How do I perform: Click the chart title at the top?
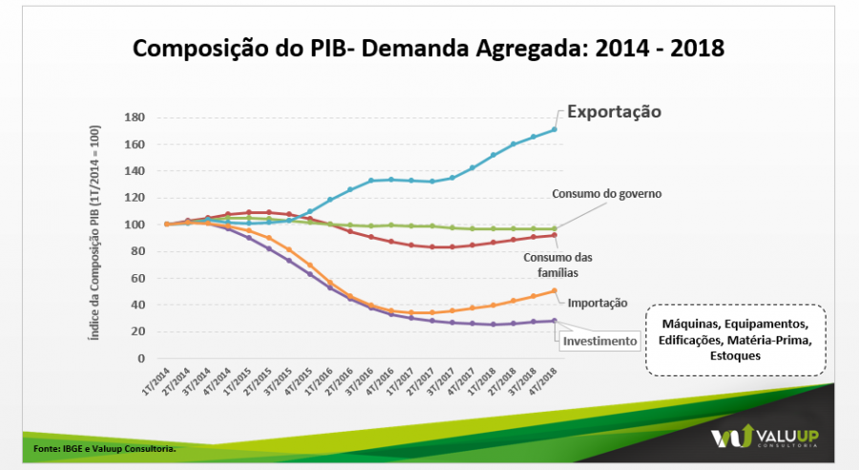pyautogui.click(x=429, y=47)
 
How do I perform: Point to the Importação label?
pyautogui.click(x=597, y=303)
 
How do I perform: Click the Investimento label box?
pyautogui.click(x=599, y=340)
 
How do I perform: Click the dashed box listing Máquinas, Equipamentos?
pyautogui.click(x=734, y=340)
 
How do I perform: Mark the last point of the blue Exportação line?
pyautogui.click(x=554, y=130)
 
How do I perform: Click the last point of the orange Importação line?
pyautogui.click(x=554, y=290)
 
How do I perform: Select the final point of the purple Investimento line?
pyautogui.click(x=554, y=321)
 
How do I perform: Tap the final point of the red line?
pyautogui.click(x=554, y=235)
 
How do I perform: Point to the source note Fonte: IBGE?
pyautogui.click(x=104, y=447)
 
